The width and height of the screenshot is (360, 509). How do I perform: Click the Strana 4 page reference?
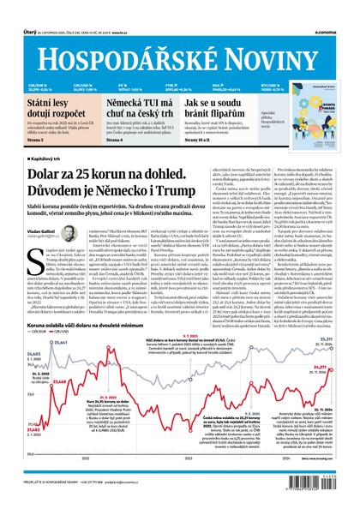pyautogui.click(x=115, y=139)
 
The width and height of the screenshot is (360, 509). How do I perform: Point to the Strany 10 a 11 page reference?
pyautogui.click(x=201, y=139)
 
